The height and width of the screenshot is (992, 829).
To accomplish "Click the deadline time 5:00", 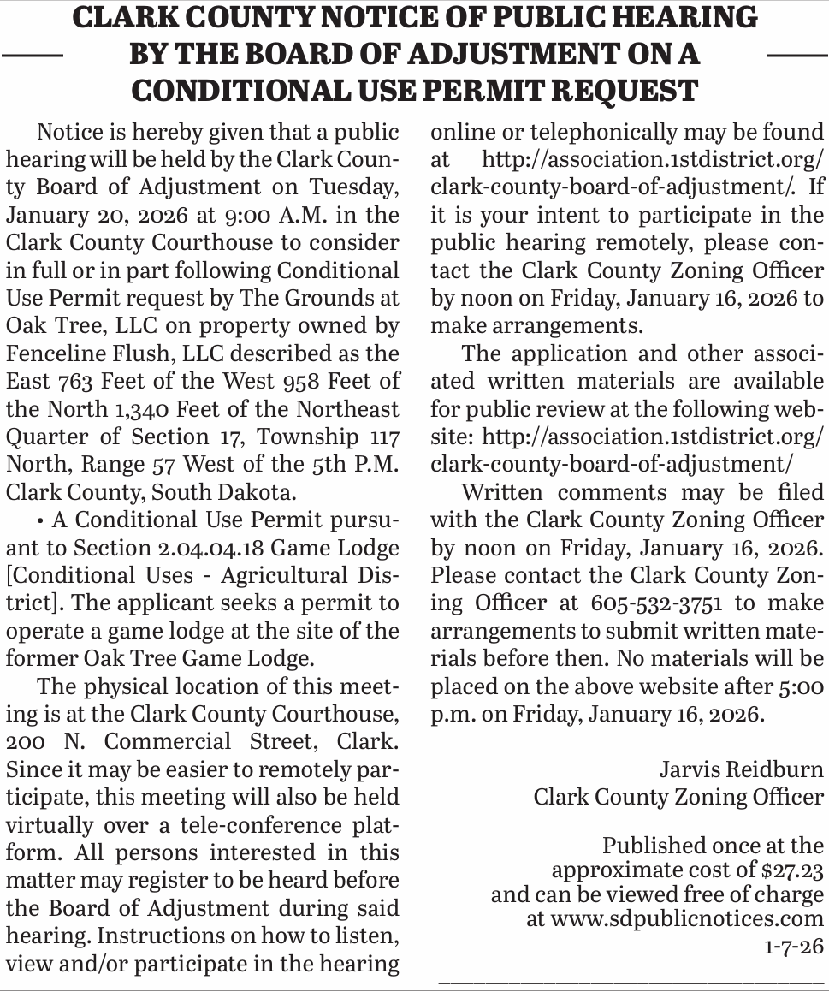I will pos(800,686).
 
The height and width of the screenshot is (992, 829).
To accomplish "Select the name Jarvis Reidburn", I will pos(741,769).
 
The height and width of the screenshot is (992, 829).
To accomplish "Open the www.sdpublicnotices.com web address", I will pos(687,920).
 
